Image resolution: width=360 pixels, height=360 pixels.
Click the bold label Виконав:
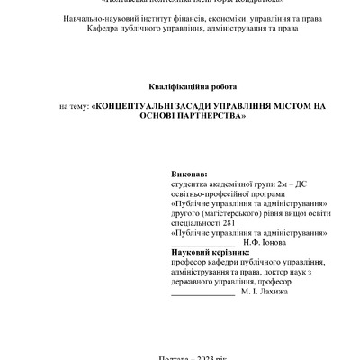[189, 172]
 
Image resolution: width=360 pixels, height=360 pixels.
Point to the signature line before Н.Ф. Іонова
[202, 245]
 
